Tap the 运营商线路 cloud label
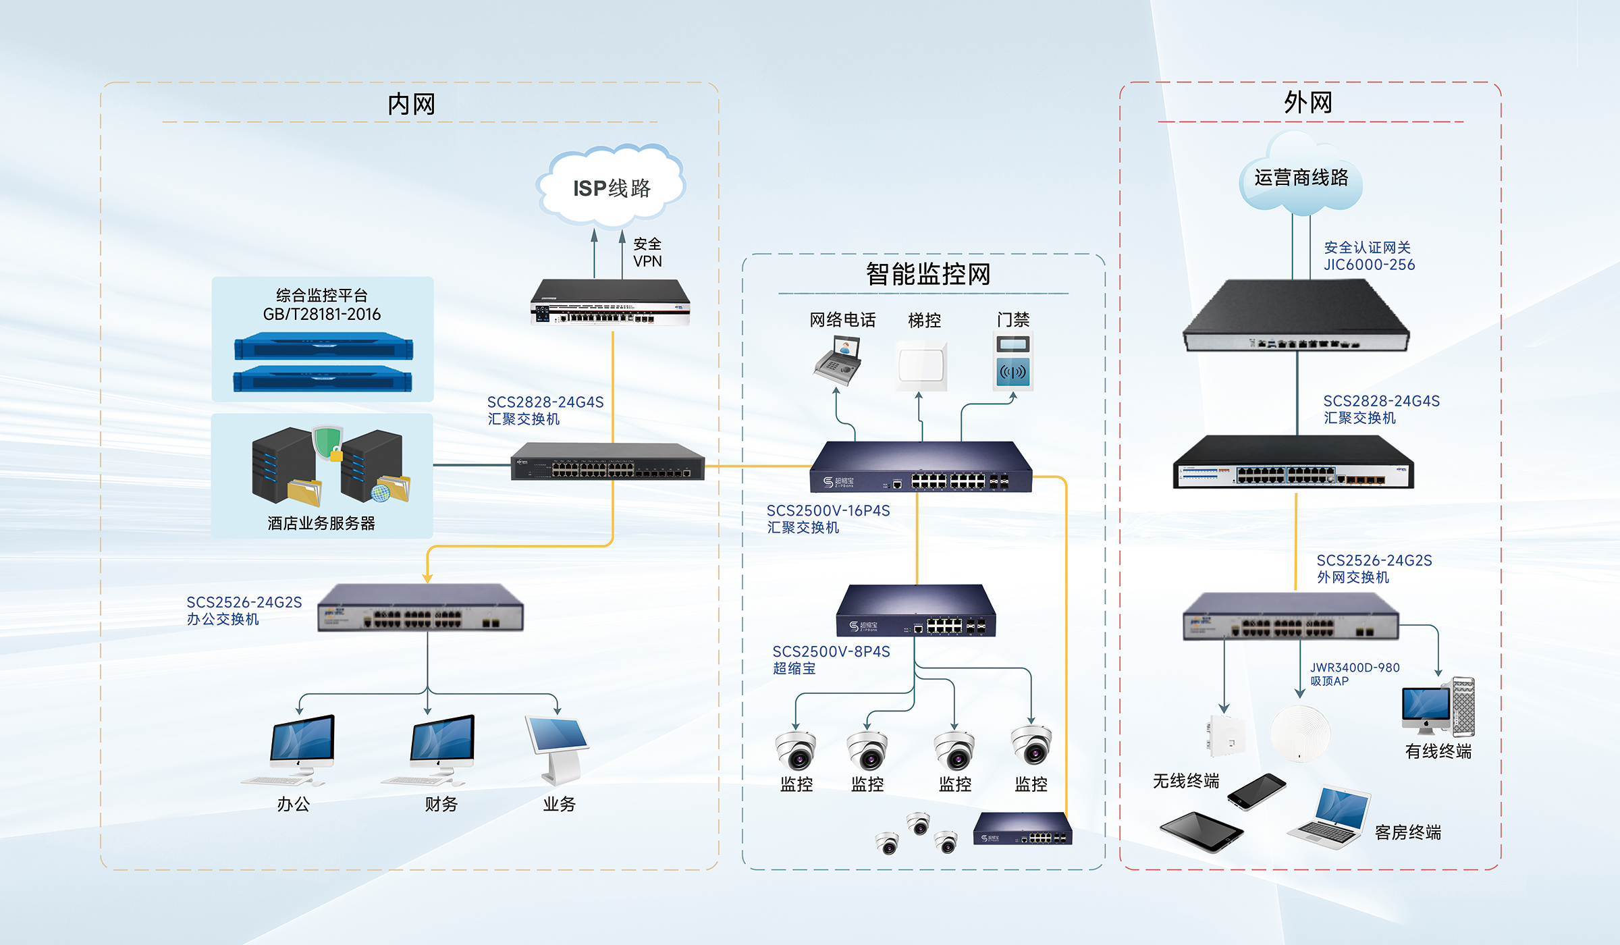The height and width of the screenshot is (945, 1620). pos(1301,178)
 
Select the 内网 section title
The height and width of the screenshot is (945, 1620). pos(411,104)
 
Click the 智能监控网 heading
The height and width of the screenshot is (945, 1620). pos(928,274)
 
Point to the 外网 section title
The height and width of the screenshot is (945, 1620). pos(1307,103)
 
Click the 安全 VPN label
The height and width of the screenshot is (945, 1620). pos(647,252)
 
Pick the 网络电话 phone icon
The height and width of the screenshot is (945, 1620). pos(838,361)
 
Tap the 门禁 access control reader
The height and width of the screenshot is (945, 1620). pos(1013,362)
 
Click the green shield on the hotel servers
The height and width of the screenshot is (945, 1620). pos(327,442)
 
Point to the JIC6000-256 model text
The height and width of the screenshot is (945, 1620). pos(1369,265)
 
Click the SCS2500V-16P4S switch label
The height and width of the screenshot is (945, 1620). pos(828,511)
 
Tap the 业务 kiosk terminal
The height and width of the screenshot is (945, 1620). pos(558,749)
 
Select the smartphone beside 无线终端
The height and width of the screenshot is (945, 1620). pos(1256,791)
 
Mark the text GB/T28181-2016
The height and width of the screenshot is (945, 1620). pos(322,314)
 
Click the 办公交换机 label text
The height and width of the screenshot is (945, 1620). pos(223,619)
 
